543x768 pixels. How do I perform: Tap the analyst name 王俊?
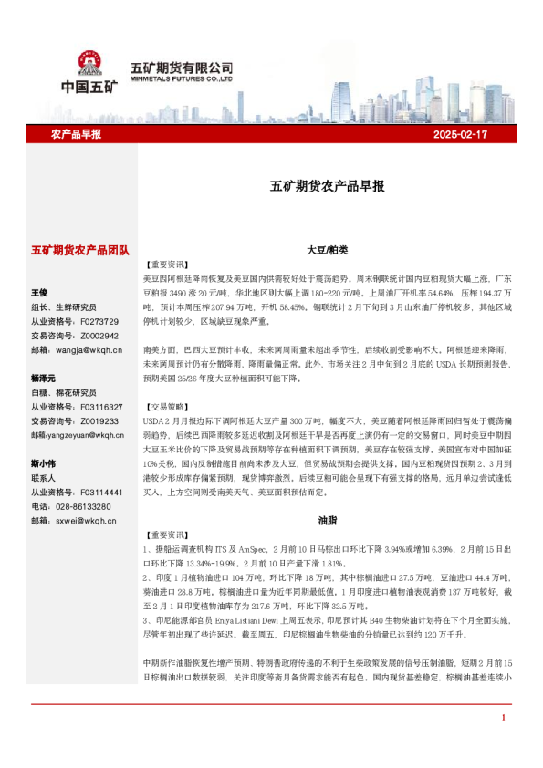39,293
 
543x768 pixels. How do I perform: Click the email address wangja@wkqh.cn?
89,349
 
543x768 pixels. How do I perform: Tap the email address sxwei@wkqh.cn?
87,520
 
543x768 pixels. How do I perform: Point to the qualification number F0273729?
99,321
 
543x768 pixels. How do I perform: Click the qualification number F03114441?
101,492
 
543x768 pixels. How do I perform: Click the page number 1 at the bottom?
503,744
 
